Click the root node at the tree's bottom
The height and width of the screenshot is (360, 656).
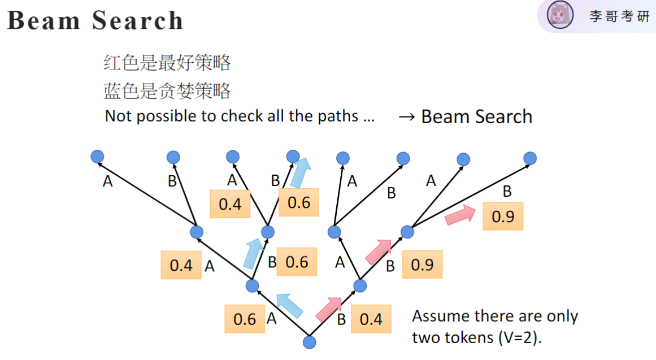point(309,342)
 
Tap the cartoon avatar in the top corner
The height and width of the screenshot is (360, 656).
point(560,15)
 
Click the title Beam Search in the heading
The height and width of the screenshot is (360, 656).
point(95,21)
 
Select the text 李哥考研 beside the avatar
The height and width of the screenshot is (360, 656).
point(619,16)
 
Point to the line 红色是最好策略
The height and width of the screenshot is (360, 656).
point(167,63)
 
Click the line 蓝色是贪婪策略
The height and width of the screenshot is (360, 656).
point(167,90)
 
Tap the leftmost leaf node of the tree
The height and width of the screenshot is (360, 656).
point(97,156)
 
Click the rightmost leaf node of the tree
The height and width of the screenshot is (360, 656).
point(529,158)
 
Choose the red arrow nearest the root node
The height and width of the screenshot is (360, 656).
point(328,307)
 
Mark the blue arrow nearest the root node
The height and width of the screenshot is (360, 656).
point(289,306)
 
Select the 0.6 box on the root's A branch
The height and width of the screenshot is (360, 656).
point(245,319)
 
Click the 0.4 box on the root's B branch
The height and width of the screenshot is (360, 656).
point(371,319)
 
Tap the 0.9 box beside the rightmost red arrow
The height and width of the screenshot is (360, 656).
point(503,216)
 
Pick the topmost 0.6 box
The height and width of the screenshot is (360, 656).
point(299,202)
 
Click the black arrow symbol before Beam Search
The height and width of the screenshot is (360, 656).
point(407,117)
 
